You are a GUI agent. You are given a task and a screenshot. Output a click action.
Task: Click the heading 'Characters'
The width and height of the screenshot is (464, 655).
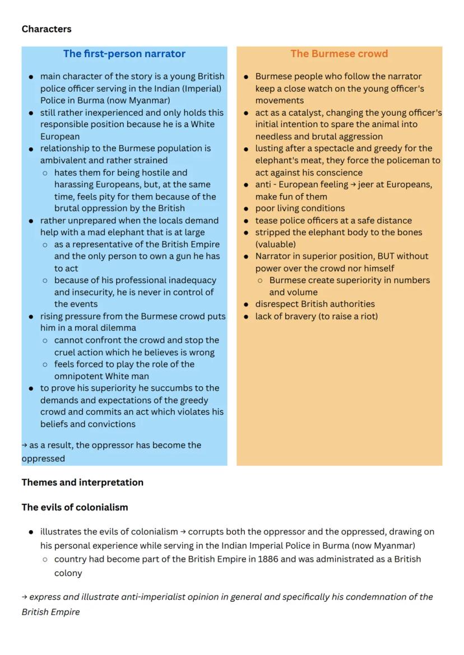[47, 29]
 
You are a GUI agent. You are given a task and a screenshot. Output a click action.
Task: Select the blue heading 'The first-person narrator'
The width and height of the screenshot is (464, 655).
[124, 54]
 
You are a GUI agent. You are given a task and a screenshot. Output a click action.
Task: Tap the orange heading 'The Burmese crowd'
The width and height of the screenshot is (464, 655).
[339, 54]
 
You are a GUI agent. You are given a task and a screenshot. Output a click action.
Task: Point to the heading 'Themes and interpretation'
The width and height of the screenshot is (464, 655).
[82, 483]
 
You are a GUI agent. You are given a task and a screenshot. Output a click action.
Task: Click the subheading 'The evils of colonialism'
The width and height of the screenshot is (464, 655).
[75, 507]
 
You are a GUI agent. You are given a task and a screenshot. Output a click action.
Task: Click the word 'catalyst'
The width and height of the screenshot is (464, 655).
[304, 113]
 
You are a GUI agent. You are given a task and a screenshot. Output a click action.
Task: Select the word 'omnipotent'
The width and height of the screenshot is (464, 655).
[78, 376]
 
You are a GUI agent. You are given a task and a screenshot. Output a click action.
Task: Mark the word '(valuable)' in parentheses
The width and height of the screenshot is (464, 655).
[275, 245]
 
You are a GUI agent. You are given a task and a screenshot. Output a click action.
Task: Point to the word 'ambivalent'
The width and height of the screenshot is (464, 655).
[62, 161]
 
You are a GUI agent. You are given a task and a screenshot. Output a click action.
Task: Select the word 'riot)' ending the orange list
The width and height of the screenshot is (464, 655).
[368, 316]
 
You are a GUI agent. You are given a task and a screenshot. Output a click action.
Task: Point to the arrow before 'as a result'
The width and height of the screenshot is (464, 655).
[25, 446]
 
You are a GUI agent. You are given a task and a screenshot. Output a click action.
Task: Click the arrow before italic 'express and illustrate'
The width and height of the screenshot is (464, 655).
[25, 597]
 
